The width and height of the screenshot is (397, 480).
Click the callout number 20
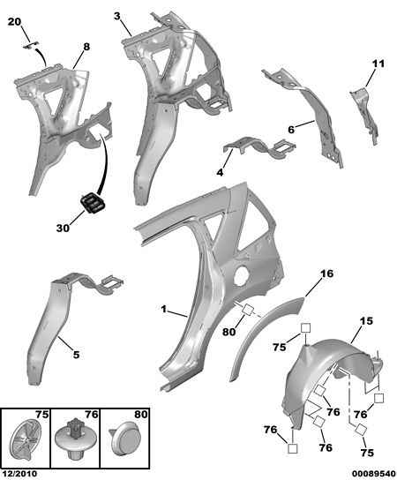click(14, 22)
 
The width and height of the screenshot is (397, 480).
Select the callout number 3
click(117, 16)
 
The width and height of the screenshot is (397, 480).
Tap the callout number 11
click(378, 64)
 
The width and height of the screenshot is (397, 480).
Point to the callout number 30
click(63, 228)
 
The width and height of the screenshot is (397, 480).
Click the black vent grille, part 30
click(92, 203)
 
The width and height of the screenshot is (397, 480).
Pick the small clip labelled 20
click(31, 45)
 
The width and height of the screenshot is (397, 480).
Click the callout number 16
click(326, 273)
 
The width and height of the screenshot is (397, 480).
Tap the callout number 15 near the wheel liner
click(366, 321)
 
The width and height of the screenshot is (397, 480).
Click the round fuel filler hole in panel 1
click(242, 275)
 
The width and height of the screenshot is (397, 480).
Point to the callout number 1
click(164, 309)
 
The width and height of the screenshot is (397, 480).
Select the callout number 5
click(76, 355)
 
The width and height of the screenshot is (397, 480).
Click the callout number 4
click(220, 172)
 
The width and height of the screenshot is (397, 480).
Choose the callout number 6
click(291, 130)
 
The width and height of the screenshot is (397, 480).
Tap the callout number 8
click(86, 47)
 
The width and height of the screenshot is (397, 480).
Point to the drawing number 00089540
click(373, 474)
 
